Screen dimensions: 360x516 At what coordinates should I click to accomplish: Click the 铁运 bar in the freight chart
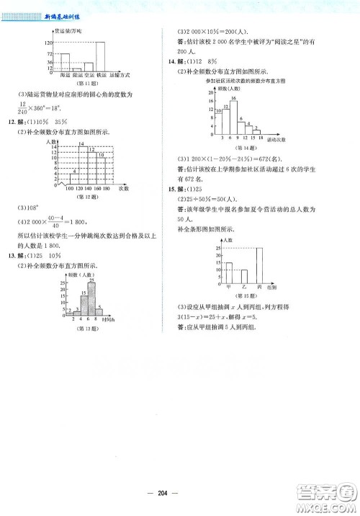click(101, 55)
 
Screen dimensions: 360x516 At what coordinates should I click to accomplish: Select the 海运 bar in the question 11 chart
click(64, 61)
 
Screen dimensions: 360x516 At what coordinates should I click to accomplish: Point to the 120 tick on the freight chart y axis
click(50, 43)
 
